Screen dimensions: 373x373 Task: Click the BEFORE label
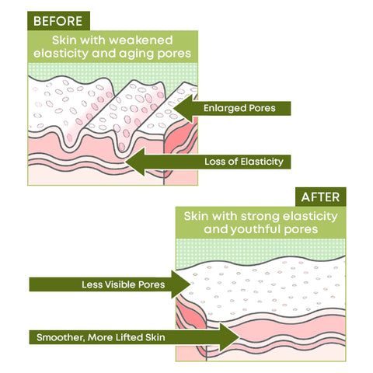pos(58,21)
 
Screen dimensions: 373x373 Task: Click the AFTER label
pos(320,197)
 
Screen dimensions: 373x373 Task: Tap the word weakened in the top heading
pos(141,40)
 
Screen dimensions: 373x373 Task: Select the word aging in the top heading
pos(134,54)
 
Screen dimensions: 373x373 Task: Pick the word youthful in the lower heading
pos(256,229)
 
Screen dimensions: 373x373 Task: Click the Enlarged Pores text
pos(239,108)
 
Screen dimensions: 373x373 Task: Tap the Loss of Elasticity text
pos(244,162)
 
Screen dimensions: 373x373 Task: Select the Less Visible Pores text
pos(124,284)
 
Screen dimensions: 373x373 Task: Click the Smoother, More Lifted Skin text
pos(101,337)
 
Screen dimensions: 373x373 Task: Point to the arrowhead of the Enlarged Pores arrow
pos(173,108)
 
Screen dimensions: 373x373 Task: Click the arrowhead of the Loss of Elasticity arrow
pos(126,162)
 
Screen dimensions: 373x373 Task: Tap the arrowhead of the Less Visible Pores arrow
pos(190,284)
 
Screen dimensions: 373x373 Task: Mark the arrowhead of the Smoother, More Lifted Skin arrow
pos(239,337)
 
